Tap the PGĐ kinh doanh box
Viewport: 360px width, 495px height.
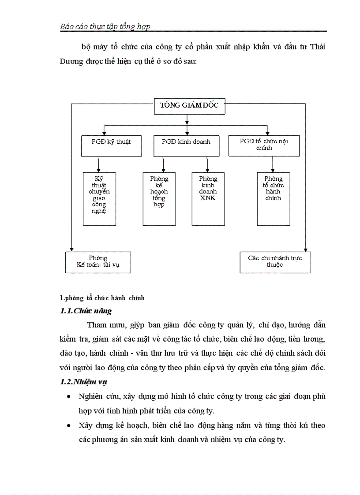186,145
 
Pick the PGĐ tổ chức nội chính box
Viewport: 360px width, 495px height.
264,145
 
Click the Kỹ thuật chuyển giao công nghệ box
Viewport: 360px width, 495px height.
99,198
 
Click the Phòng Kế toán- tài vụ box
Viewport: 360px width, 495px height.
98,262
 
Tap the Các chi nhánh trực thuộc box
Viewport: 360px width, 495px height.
275,262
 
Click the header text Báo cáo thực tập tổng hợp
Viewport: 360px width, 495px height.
105,26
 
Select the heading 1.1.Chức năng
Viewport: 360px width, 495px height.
86,311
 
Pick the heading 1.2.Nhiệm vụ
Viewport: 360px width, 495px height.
83,382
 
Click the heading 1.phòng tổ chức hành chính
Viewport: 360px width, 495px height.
102,298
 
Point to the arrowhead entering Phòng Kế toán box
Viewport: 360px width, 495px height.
71,249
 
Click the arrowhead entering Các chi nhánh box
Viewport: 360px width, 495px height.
305,249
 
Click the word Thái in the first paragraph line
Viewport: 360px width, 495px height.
316,47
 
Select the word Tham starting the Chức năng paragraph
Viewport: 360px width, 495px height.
97,325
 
